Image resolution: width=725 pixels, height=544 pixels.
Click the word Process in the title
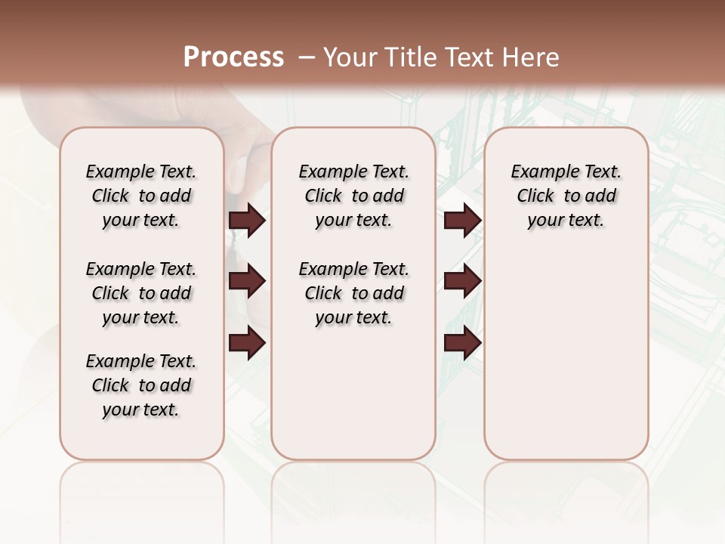233,57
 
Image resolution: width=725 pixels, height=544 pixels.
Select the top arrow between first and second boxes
247,221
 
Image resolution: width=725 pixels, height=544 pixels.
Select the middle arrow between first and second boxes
247,281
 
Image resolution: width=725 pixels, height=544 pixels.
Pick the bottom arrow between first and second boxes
247,344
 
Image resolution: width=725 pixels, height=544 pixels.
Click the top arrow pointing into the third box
462,221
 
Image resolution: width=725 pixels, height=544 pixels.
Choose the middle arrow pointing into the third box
462,281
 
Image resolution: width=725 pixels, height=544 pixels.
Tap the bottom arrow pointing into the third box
462,344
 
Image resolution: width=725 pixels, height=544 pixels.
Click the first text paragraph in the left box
141,196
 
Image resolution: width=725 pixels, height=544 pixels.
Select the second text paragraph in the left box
141,293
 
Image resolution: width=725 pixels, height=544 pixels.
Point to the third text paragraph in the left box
141,385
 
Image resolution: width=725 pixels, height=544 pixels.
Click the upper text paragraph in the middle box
354,196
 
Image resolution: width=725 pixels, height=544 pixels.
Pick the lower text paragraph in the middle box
354,293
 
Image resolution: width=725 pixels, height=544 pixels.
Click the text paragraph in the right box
566,196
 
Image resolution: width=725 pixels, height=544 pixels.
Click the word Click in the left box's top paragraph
110,196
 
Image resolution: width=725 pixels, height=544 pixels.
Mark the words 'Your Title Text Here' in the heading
441,57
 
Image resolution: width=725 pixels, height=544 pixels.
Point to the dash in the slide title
307,57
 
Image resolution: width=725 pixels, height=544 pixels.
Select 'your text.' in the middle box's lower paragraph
353,318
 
